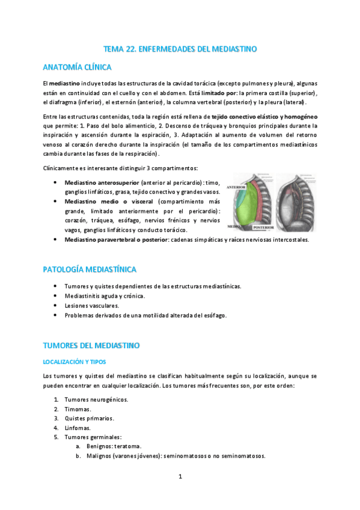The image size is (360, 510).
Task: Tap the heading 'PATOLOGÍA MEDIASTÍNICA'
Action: [90, 269]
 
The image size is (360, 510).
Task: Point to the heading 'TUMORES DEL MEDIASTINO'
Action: [91, 346]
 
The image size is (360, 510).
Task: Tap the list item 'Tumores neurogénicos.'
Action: [96, 399]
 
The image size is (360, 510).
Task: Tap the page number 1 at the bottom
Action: [180, 477]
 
